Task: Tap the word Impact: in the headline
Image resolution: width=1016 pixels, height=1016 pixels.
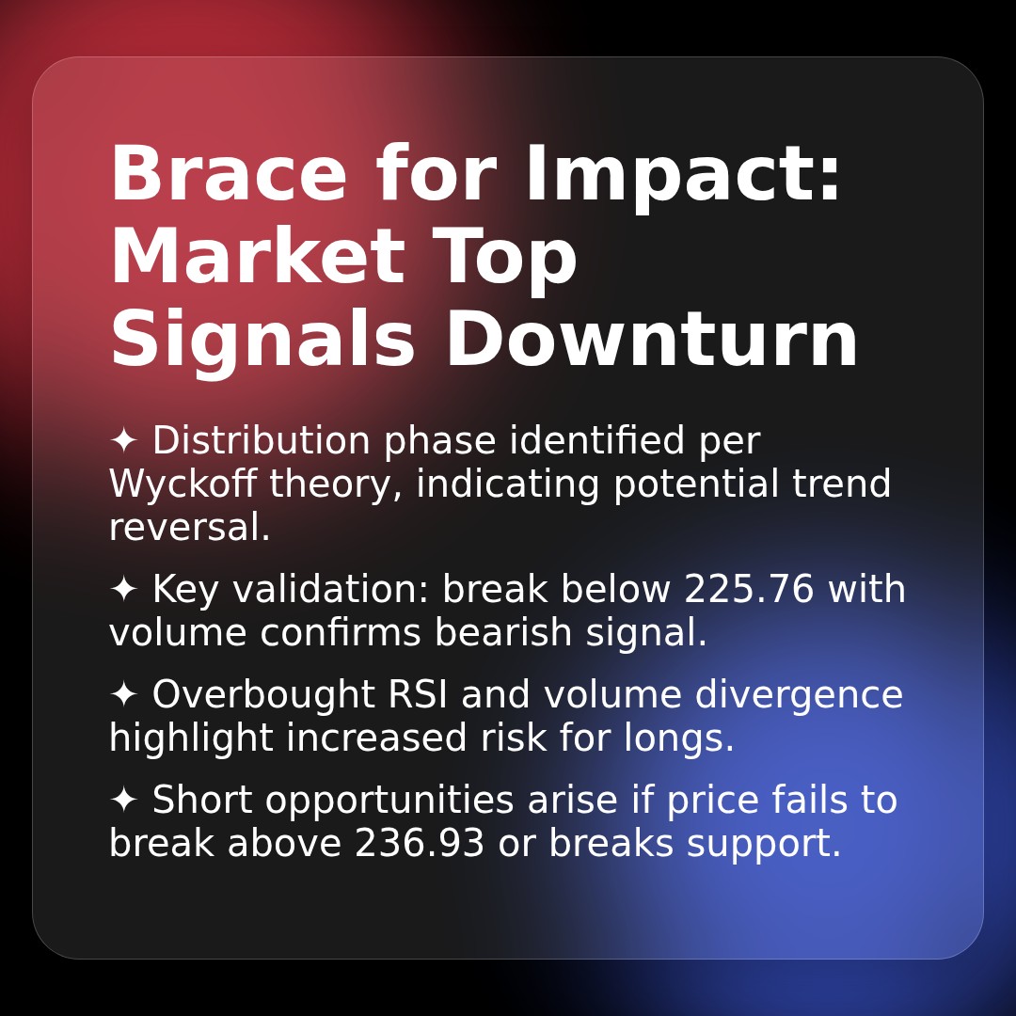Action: pos(683,176)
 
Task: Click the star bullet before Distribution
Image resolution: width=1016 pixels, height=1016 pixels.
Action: pos(123,441)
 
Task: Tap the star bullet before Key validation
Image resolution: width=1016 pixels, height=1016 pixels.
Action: pos(123,590)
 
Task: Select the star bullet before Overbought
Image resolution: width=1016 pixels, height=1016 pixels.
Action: pos(123,695)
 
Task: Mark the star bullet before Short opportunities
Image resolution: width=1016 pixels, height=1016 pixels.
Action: pos(123,801)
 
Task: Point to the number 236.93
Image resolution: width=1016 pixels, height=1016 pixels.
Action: pos(420,844)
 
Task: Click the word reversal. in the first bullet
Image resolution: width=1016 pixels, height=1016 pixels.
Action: pos(189,528)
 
